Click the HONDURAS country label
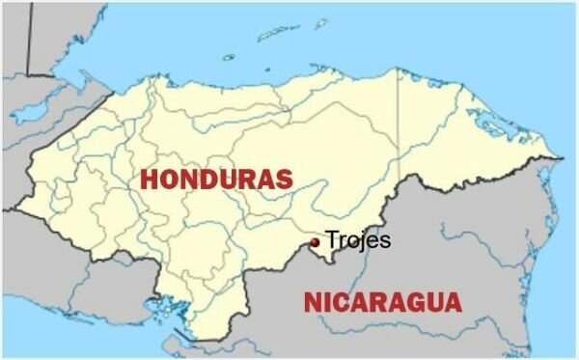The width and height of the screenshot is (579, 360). point(216,179)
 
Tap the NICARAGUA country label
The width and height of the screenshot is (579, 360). point(382,302)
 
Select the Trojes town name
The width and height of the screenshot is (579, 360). point(358,239)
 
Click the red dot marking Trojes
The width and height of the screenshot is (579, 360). point(316,242)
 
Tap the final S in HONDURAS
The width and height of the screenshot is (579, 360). point(283,179)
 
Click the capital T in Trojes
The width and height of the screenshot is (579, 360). point(332,239)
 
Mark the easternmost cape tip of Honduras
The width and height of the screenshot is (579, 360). point(563,157)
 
